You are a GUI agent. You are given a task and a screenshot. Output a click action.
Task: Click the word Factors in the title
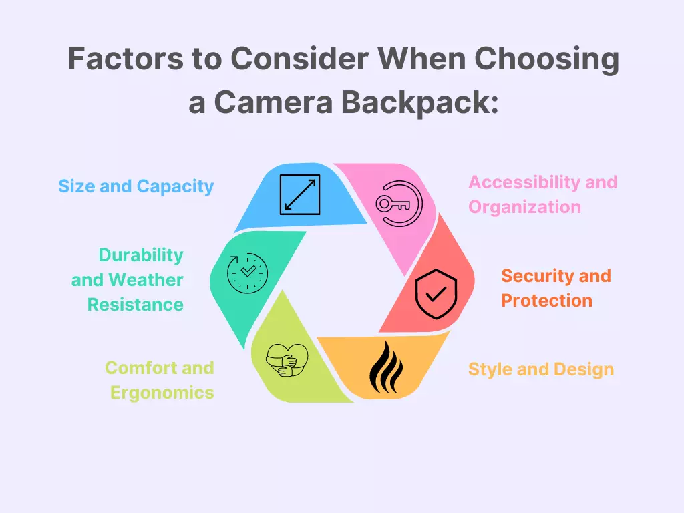pyautogui.click(x=126, y=59)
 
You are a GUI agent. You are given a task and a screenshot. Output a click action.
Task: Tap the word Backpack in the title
pyautogui.click(x=419, y=102)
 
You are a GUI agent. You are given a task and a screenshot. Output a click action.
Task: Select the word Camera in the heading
pyautogui.click(x=273, y=102)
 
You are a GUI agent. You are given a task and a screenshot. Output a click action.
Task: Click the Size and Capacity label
pyautogui.click(x=136, y=186)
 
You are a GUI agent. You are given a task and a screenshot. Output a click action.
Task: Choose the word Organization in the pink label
pyautogui.click(x=524, y=207)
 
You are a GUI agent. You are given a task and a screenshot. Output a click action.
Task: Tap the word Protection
pyautogui.click(x=546, y=300)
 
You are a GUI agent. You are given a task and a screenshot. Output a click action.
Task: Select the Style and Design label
pyautogui.click(x=541, y=369)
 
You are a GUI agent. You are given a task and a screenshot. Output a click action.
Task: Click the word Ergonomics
pyautogui.click(x=162, y=393)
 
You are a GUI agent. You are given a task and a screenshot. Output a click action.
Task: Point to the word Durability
pyautogui.click(x=141, y=255)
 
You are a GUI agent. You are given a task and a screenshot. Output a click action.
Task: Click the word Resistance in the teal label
pyautogui.click(x=135, y=305)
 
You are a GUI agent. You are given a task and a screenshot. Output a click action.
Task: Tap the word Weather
pyautogui.click(x=146, y=280)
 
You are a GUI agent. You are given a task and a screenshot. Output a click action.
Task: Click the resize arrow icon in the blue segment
pyautogui.click(x=300, y=194)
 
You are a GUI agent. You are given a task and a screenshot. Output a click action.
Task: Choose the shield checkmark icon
pyautogui.click(x=436, y=294)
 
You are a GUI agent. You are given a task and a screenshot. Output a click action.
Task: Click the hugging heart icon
pyautogui.click(x=287, y=360)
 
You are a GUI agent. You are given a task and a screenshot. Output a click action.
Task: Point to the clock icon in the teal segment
pyautogui.click(x=247, y=273)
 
